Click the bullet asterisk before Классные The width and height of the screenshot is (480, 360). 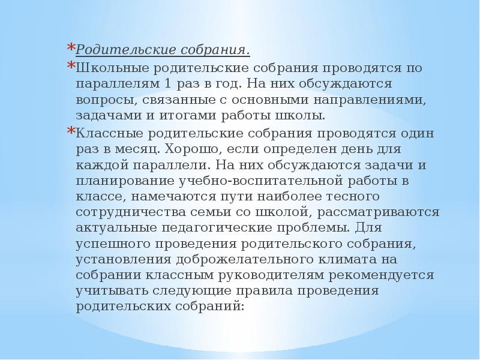[x=70, y=131]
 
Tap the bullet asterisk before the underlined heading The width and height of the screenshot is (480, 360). [x=70, y=47]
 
